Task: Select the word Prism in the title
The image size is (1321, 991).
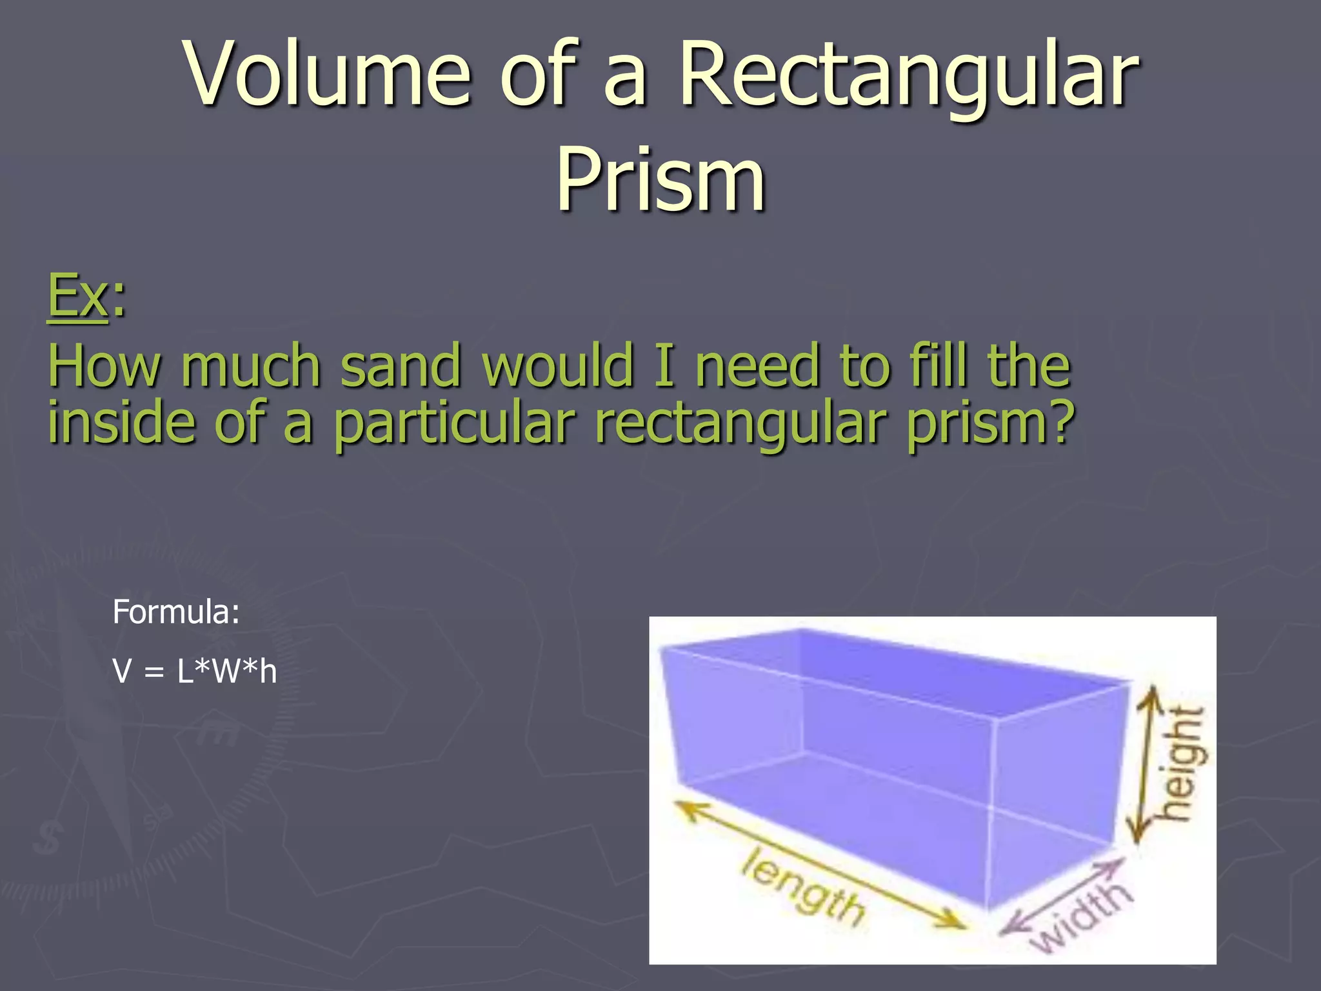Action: [660, 178]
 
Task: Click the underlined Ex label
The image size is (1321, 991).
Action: [77, 295]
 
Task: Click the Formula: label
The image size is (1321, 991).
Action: [175, 612]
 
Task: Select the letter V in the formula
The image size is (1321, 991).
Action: [122, 671]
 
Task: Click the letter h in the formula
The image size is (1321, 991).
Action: [268, 671]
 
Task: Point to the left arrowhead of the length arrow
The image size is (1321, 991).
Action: [686, 809]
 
